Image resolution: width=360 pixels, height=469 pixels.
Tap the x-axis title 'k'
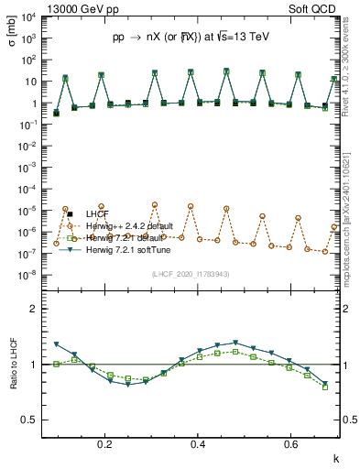(x=336, y=457)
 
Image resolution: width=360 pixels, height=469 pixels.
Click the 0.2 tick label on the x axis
(x=106, y=445)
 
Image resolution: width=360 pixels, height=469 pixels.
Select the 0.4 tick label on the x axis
(x=199, y=445)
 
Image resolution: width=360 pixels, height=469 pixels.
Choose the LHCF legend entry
(x=98, y=213)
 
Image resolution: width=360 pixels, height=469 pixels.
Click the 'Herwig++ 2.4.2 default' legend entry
(x=136, y=225)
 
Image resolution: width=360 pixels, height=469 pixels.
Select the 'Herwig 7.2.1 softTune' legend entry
(x=135, y=250)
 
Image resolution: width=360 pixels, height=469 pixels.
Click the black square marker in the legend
(x=70, y=213)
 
